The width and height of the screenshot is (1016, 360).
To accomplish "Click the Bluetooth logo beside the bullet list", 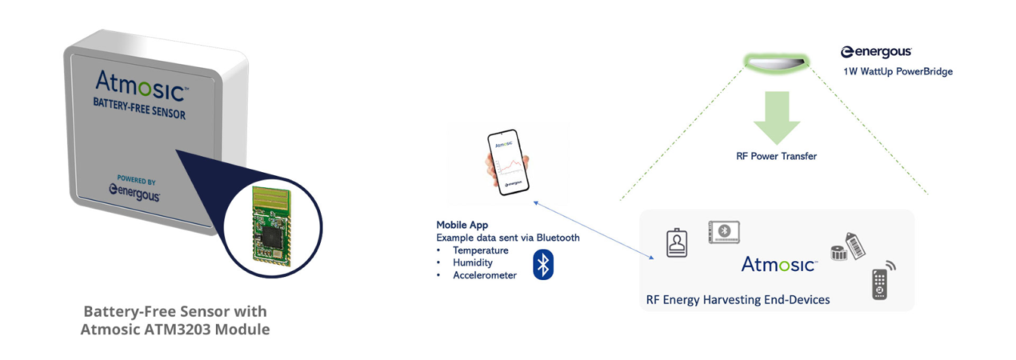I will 543,265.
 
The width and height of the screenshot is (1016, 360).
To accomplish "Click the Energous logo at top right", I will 876,52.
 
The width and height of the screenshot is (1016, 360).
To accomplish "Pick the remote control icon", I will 881,283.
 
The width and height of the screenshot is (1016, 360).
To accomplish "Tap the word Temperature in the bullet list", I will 480,250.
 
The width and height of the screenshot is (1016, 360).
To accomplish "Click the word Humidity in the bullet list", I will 474,262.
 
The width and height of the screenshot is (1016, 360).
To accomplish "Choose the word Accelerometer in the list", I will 485,275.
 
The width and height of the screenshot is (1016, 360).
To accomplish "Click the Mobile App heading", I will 462,225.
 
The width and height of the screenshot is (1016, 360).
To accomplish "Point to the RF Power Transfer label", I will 776,156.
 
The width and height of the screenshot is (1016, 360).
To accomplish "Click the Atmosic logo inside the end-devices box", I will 778,264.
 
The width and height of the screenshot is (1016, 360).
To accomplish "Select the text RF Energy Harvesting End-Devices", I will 738,300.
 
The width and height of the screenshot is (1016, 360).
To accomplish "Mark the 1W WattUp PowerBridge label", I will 898,71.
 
